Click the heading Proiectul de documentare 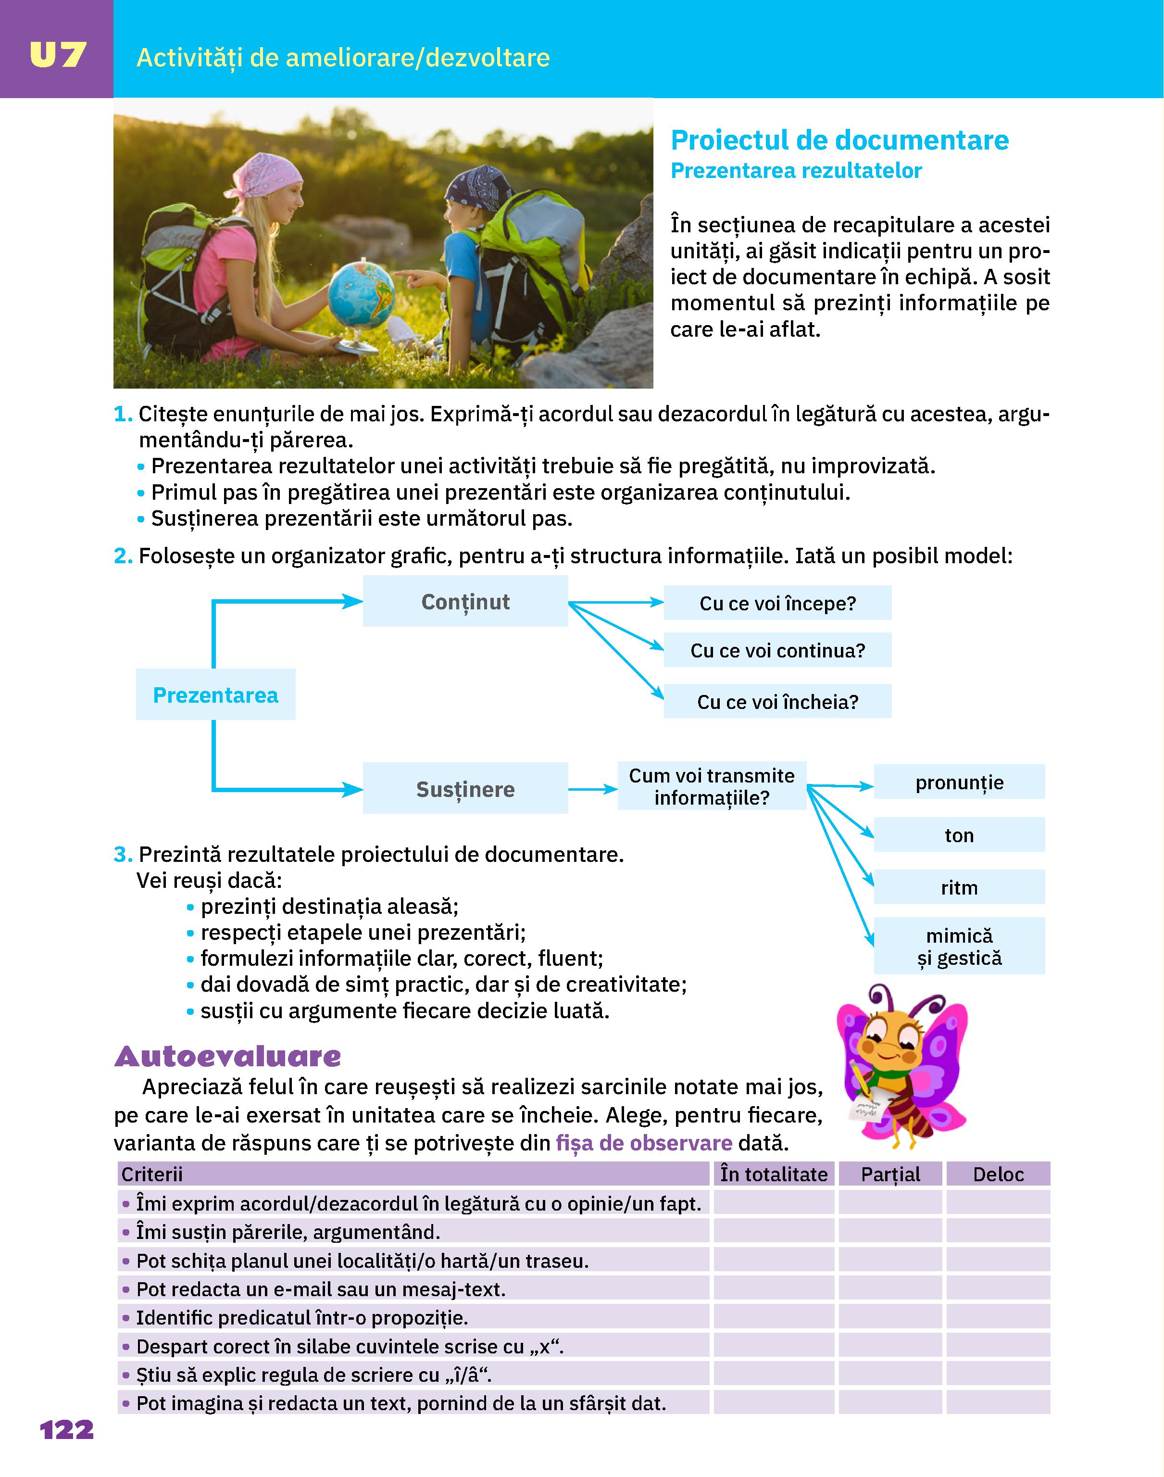839,140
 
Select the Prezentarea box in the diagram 215,694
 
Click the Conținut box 465,601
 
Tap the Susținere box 465,789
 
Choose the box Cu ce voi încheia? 777,701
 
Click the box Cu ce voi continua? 777,650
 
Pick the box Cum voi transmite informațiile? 712,786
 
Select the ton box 959,835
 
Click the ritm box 959,887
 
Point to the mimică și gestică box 959,946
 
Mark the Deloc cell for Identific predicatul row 998,1317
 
